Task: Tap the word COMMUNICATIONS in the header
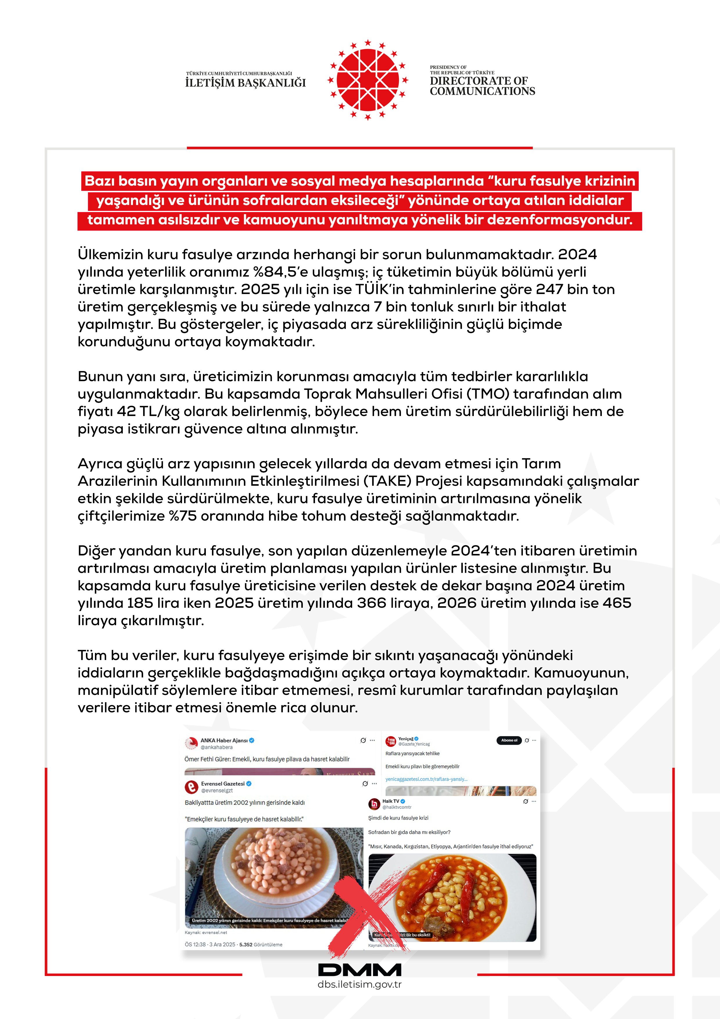point(482,92)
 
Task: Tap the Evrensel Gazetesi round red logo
point(191,786)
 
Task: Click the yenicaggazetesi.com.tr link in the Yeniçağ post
point(426,779)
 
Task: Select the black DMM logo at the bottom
point(359,970)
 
